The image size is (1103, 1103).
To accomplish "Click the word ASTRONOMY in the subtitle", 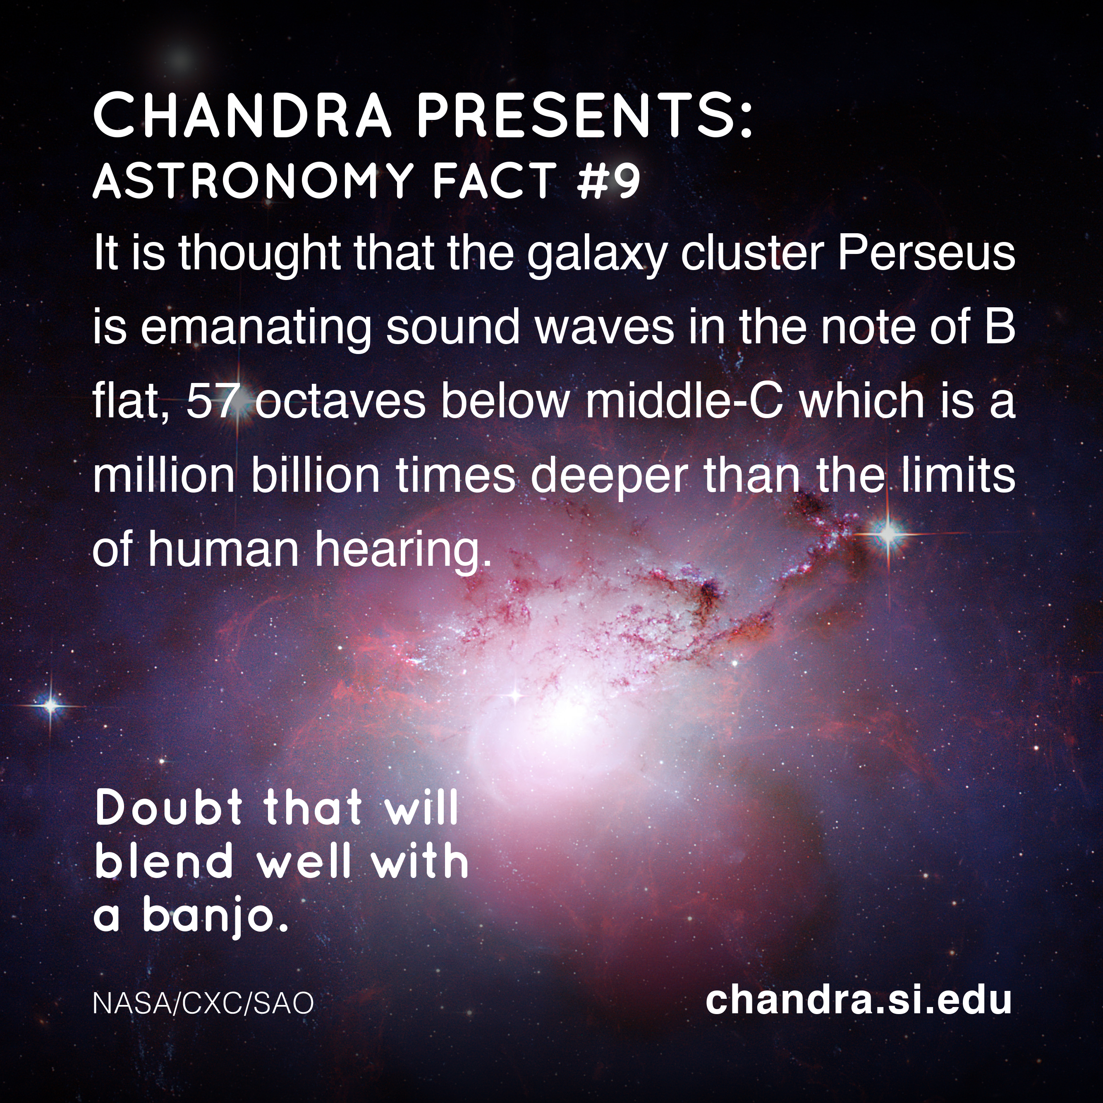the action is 252,180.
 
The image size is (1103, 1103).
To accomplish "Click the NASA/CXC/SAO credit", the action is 203,1003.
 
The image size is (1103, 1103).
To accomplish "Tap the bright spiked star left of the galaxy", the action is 51,706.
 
